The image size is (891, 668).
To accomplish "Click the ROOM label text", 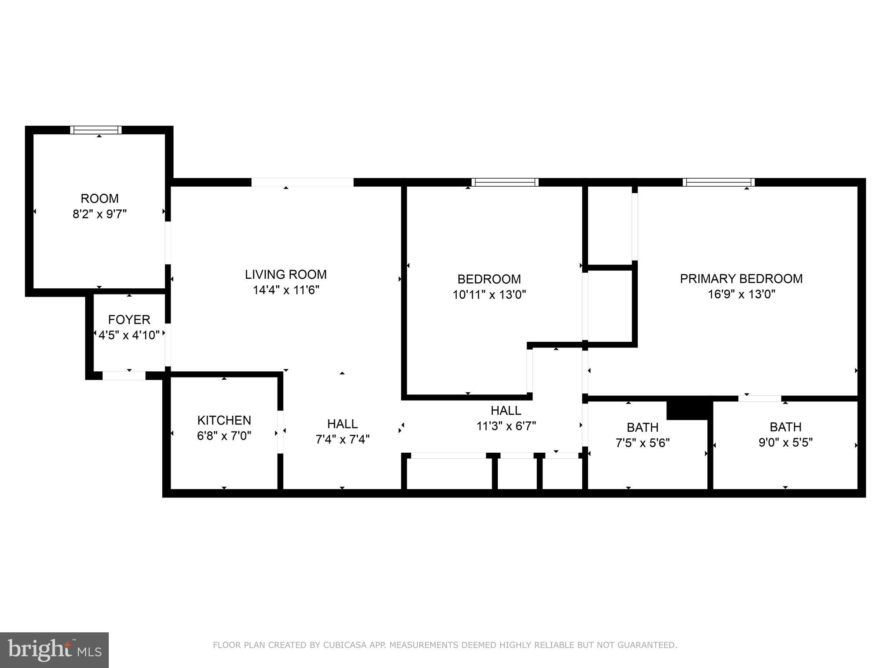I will [x=99, y=199].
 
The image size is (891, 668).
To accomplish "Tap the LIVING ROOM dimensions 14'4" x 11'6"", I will [x=286, y=290].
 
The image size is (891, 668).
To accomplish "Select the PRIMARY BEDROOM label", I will [x=741, y=279].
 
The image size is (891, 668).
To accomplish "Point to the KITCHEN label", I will [x=224, y=421].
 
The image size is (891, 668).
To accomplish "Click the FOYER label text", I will [x=129, y=320].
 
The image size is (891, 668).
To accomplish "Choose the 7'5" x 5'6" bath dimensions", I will [x=642, y=443].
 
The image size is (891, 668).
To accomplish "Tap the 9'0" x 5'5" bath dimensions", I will [x=785, y=443].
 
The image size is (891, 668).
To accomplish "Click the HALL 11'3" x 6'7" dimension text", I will [x=506, y=426].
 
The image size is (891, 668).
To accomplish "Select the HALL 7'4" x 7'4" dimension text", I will [x=342, y=440].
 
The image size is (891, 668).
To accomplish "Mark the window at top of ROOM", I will [x=96, y=130].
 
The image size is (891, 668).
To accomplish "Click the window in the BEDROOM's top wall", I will [x=505, y=182].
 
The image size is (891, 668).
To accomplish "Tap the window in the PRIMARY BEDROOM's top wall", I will [x=718, y=182].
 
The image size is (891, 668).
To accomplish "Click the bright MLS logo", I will [x=54, y=650].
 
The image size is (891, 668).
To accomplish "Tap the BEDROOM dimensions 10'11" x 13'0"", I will [x=489, y=295].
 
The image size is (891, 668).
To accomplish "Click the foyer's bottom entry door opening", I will [x=124, y=376].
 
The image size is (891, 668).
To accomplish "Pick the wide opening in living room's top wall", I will [x=302, y=182].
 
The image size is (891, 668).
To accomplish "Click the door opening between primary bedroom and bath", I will [x=759, y=398].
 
